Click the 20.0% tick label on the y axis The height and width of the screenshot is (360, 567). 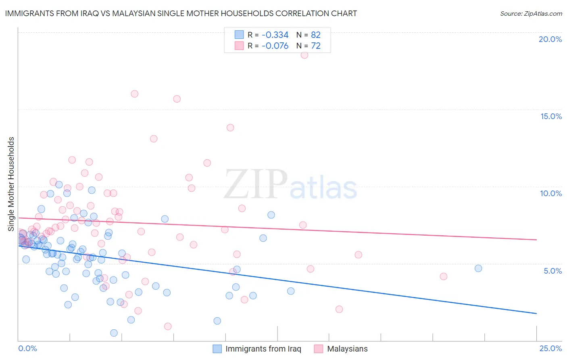point(550,39)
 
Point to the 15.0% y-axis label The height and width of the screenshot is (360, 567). point(551,116)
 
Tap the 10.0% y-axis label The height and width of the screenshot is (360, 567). point(551,193)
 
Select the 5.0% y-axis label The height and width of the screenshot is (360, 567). point(552,271)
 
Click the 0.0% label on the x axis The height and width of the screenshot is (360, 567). point(27,349)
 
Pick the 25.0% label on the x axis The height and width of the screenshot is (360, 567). point(550,349)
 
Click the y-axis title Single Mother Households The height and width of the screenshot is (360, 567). point(11,184)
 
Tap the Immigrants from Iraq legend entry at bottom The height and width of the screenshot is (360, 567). point(263,349)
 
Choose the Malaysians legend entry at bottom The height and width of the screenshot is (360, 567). point(347,349)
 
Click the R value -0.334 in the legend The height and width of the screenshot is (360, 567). point(275,35)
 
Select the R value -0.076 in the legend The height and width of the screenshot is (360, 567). point(275,46)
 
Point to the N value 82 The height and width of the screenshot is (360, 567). point(316,35)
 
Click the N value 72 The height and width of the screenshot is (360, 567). point(316,46)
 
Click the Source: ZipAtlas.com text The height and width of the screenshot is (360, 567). point(531,14)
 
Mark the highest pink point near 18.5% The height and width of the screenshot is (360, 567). point(304,55)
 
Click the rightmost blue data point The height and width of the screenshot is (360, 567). point(478,268)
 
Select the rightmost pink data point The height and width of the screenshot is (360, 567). point(444,276)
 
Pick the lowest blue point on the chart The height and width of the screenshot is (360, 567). point(114,333)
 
